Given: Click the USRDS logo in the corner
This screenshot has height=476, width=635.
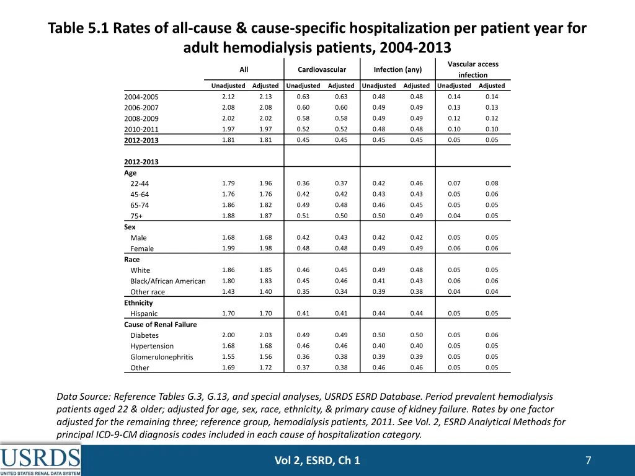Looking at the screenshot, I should click(x=40, y=460).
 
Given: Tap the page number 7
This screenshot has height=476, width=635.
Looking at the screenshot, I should click(x=588, y=460).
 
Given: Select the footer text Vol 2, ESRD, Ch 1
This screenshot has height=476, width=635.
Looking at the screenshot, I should click(x=317, y=460).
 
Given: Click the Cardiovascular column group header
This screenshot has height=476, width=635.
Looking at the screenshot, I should click(x=322, y=70).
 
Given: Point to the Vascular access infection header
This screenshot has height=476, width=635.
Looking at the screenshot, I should click(x=473, y=69).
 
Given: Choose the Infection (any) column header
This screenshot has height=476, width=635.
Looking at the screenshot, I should click(x=397, y=70).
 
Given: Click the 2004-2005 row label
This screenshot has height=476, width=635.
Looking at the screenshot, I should click(x=141, y=97).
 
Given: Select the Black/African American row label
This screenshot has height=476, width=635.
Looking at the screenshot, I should click(x=167, y=281).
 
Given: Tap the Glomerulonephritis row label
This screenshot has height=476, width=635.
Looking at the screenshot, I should click(x=161, y=357).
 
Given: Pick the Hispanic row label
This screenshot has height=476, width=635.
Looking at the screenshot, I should click(x=144, y=314).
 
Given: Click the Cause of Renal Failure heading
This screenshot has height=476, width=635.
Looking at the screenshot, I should click(x=160, y=325).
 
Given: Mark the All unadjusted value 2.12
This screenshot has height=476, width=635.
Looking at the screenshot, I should click(x=228, y=97).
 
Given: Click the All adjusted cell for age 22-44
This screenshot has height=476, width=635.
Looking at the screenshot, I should click(x=265, y=183).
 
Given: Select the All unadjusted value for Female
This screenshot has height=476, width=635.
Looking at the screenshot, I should click(x=228, y=249).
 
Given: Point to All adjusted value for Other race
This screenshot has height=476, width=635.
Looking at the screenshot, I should click(x=265, y=292).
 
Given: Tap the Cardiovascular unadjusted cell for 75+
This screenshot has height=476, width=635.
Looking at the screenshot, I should click(x=303, y=216).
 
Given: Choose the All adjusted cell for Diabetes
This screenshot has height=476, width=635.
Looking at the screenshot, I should click(x=265, y=335).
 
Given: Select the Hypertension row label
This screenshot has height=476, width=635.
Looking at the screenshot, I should click(x=152, y=346).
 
